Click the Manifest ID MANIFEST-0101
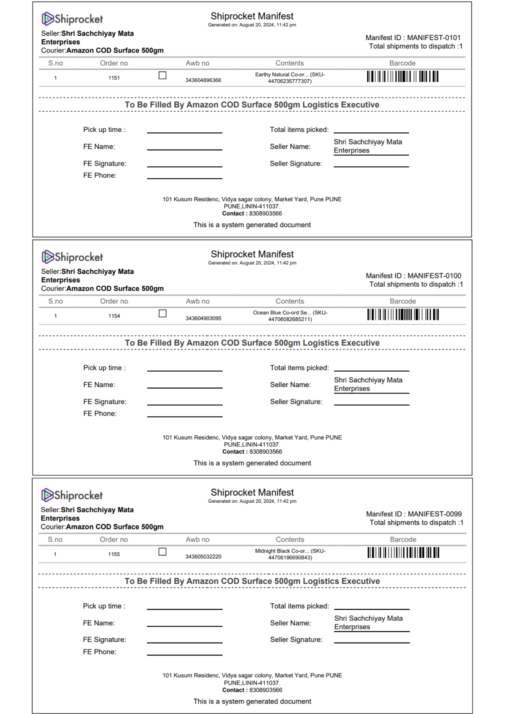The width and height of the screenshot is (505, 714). [413, 37]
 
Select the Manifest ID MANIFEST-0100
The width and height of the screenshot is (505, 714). [413, 276]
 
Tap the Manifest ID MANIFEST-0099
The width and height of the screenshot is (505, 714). [414, 514]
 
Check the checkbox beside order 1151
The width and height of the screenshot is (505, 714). [162, 75]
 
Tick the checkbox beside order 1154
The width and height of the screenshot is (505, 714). [162, 313]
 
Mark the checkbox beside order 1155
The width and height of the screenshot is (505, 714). [162, 552]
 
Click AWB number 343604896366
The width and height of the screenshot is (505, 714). [203, 80]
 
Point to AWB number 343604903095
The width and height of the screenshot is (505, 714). [203, 318]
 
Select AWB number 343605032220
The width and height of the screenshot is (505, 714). [203, 557]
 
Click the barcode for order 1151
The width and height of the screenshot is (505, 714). [402, 76]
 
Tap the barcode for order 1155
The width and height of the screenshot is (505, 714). [403, 553]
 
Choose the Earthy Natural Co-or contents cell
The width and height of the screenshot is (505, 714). [290, 78]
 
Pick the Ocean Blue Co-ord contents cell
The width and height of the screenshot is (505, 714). [290, 316]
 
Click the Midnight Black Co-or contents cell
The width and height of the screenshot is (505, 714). [290, 554]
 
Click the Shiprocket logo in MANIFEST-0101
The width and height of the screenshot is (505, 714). [72, 19]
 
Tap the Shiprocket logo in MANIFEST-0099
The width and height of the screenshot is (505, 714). [72, 495]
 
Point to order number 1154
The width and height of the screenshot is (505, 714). [114, 316]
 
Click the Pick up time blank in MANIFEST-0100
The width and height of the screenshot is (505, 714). [185, 368]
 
